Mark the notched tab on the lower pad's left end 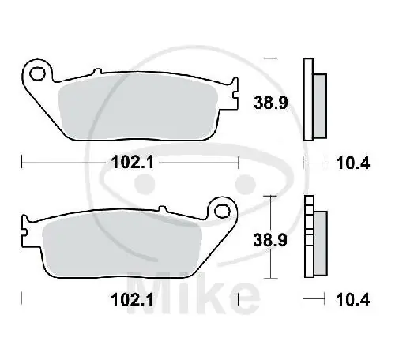28,231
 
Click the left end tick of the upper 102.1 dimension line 21,163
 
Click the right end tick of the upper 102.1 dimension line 238,163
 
